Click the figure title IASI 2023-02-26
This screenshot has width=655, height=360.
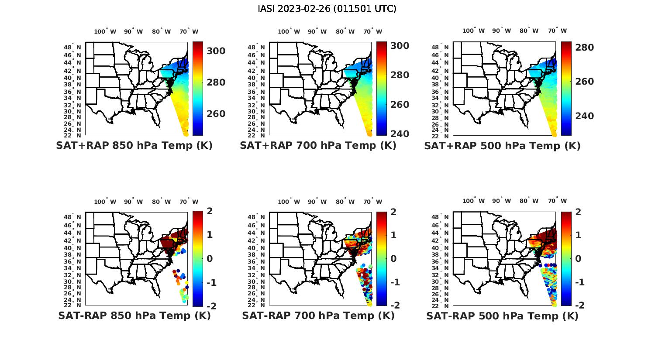tap(327, 9)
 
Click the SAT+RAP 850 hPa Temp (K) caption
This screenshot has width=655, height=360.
tap(134, 145)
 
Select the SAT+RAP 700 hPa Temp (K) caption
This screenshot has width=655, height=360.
tap(318, 145)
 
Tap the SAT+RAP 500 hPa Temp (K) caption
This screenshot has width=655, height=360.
tap(502, 146)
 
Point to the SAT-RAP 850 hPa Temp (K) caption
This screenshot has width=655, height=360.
tap(134, 315)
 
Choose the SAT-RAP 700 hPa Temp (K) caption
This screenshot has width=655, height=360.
tap(318, 315)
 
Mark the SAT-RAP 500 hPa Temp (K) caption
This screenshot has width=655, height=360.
tap(502, 316)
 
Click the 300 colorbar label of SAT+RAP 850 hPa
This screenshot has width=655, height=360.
tap(216, 51)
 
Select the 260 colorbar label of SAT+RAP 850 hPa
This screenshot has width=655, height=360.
tap(216, 114)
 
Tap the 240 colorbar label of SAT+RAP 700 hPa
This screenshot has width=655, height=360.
tap(400, 134)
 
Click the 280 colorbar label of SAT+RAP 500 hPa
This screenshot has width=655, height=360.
tap(585, 47)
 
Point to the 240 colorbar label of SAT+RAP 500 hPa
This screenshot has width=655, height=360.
tap(585, 116)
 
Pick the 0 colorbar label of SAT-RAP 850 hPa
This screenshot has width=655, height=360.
tap(210, 258)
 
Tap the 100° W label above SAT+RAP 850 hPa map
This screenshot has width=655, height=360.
tap(105, 31)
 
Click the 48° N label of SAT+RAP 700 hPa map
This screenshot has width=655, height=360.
tap(256, 47)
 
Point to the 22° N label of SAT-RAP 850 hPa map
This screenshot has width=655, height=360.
tap(72, 305)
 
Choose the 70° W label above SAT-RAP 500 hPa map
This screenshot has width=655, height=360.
tap(558, 201)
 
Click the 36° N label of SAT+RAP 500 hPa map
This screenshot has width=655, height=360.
tap(440, 92)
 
